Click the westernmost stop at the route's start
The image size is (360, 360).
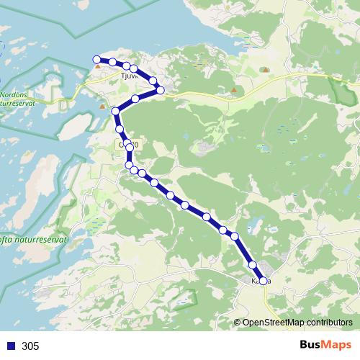click(x=96, y=60)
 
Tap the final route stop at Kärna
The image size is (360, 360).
click(x=264, y=281)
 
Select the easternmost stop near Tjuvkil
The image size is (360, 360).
click(x=161, y=90)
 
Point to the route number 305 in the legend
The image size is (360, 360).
click(x=30, y=346)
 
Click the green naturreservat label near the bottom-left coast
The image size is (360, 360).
click(x=32, y=240)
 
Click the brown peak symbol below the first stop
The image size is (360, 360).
click(x=97, y=66)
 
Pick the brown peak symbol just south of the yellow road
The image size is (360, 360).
click(x=233, y=90)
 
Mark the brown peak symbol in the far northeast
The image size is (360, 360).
click(x=266, y=70)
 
